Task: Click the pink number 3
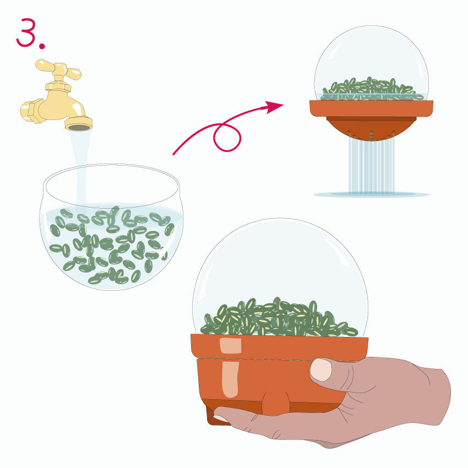26,32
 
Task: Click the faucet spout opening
79,127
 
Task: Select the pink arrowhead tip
283,105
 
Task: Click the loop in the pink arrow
227,137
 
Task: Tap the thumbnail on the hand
321,370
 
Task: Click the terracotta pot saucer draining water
371,108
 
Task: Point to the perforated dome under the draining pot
371,128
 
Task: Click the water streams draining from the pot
372,166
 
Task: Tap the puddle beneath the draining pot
371,194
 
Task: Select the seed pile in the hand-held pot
279,318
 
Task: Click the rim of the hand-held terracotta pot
279,347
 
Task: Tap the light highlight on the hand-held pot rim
230,346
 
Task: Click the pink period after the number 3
42,46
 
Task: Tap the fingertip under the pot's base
220,418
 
